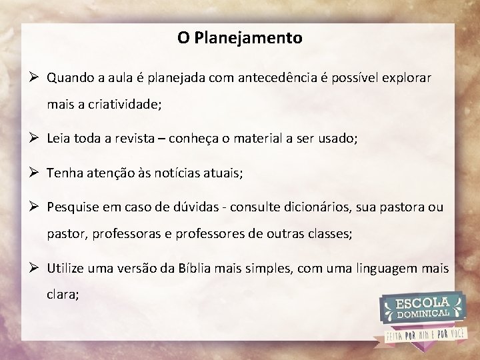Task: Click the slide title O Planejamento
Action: (x=239, y=38)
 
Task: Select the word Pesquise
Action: (x=72, y=207)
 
